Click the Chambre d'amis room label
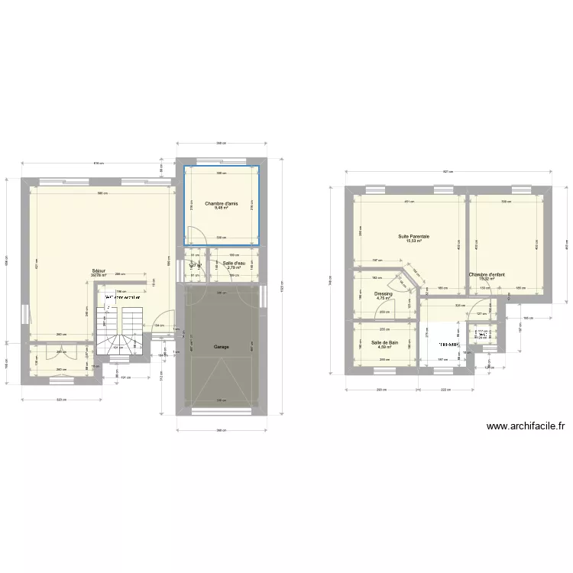222,202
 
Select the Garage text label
222,346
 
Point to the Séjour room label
99,270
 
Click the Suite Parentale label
413,237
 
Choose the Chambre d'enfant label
487,274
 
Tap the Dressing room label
384,293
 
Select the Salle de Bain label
385,342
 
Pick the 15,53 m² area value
413,242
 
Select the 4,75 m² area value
384,299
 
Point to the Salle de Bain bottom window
385,371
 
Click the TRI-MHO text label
448,345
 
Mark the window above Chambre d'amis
222,161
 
